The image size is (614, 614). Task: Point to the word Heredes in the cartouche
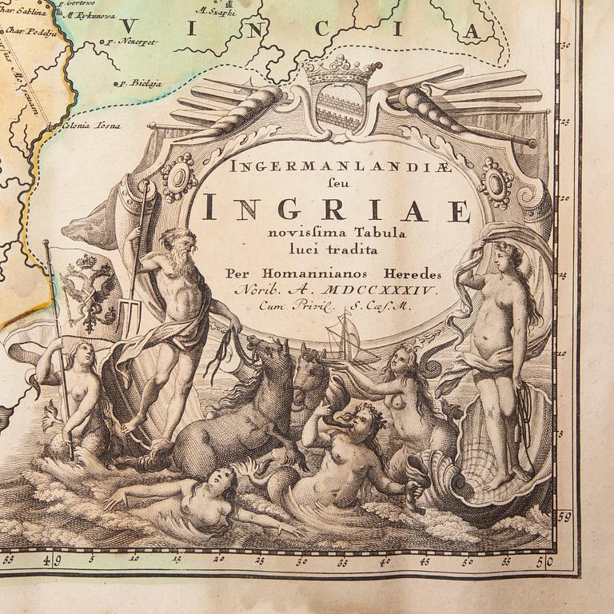pos(409,273)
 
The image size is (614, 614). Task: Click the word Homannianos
pos(313,273)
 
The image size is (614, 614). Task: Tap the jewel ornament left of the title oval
pos(179,177)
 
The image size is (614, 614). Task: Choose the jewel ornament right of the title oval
pos(496,182)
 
